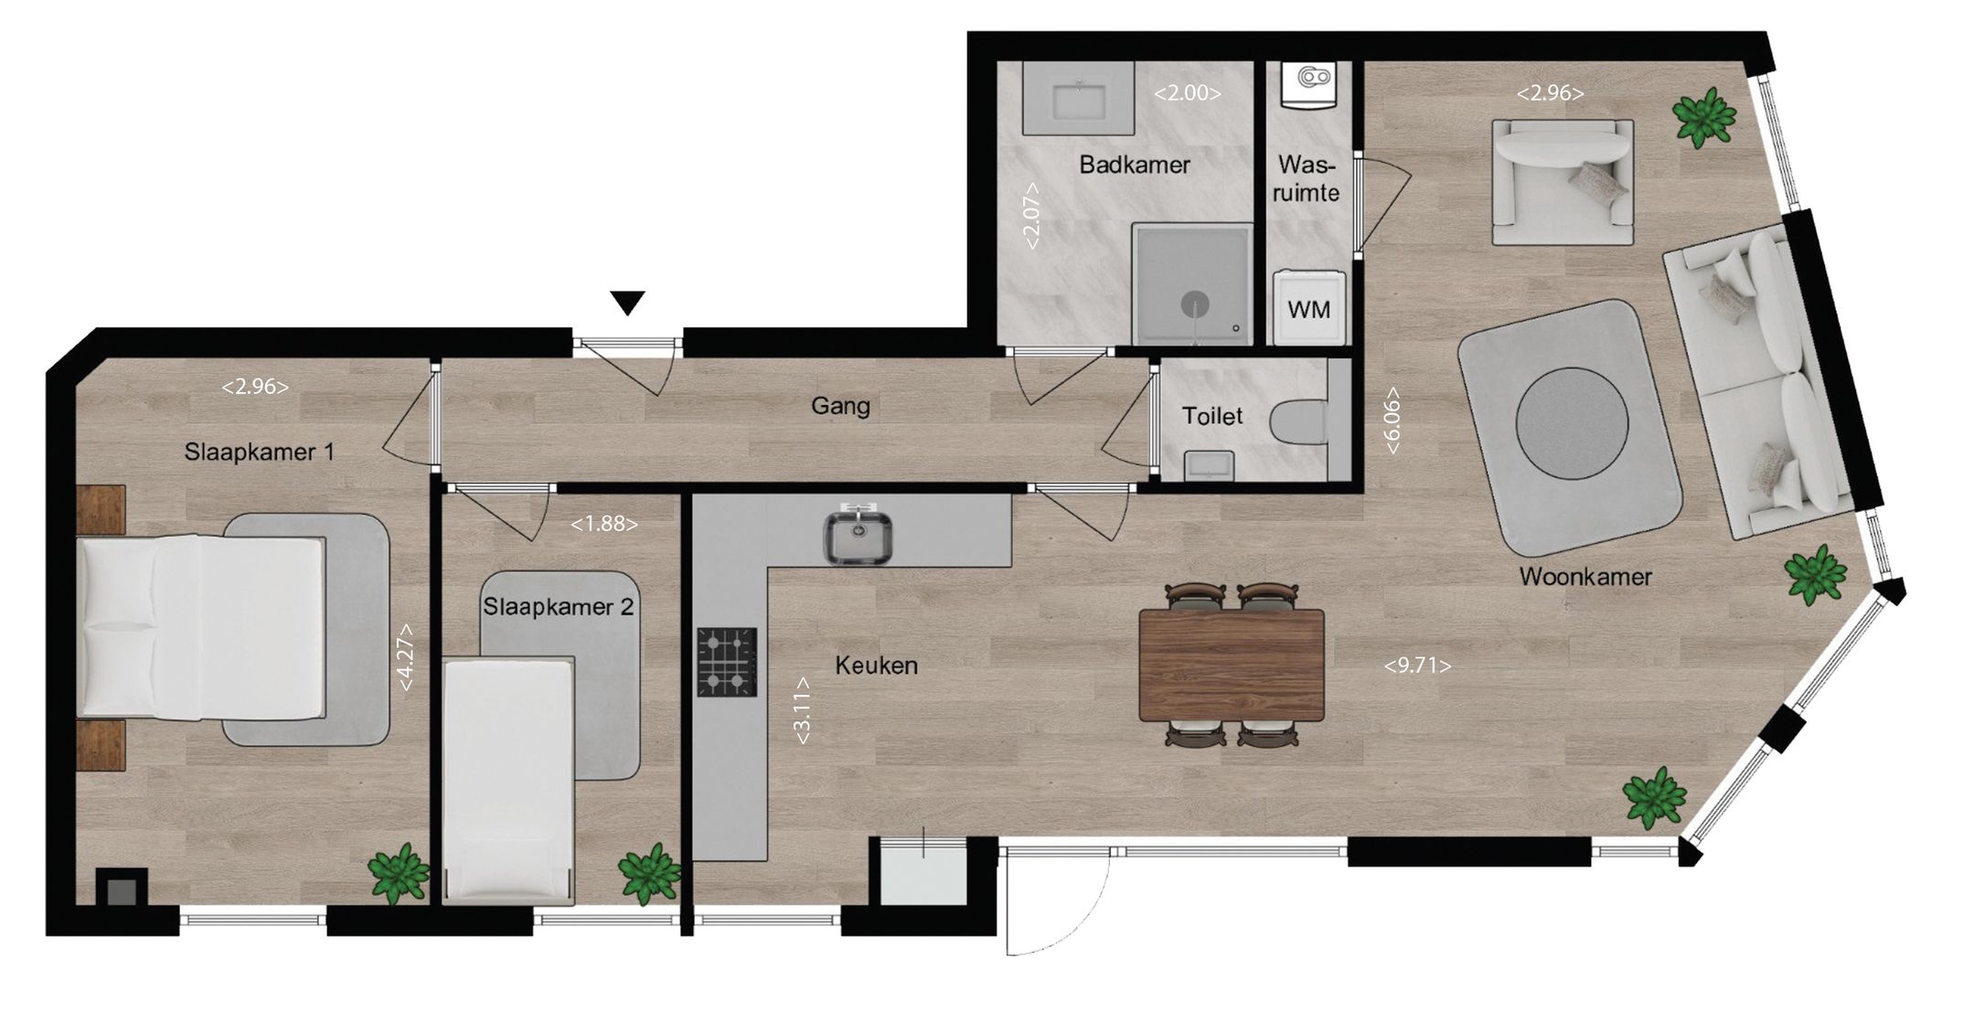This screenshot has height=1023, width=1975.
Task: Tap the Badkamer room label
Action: click(x=1135, y=165)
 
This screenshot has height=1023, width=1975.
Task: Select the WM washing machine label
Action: click(x=1308, y=310)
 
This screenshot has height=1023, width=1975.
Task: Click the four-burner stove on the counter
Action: click(x=728, y=662)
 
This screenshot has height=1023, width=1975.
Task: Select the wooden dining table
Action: click(x=1231, y=666)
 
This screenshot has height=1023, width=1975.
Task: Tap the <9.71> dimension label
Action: click(x=1417, y=666)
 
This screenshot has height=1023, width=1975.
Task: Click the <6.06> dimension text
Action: click(x=1393, y=422)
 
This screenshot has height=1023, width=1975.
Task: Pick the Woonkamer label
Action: click(x=1585, y=577)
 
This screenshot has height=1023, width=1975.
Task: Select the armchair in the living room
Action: click(x=1562, y=180)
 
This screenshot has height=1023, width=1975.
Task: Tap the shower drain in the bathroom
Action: click(x=1193, y=303)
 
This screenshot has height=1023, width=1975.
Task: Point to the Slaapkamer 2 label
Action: click(x=558, y=607)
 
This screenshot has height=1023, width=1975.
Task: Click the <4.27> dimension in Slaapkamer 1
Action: click(x=405, y=656)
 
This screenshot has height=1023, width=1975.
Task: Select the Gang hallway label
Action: click(x=840, y=405)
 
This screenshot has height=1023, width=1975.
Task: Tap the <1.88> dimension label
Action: click(x=603, y=524)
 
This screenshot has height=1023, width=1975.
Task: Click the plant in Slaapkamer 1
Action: click(x=400, y=874)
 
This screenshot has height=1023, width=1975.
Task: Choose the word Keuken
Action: click(x=876, y=666)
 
